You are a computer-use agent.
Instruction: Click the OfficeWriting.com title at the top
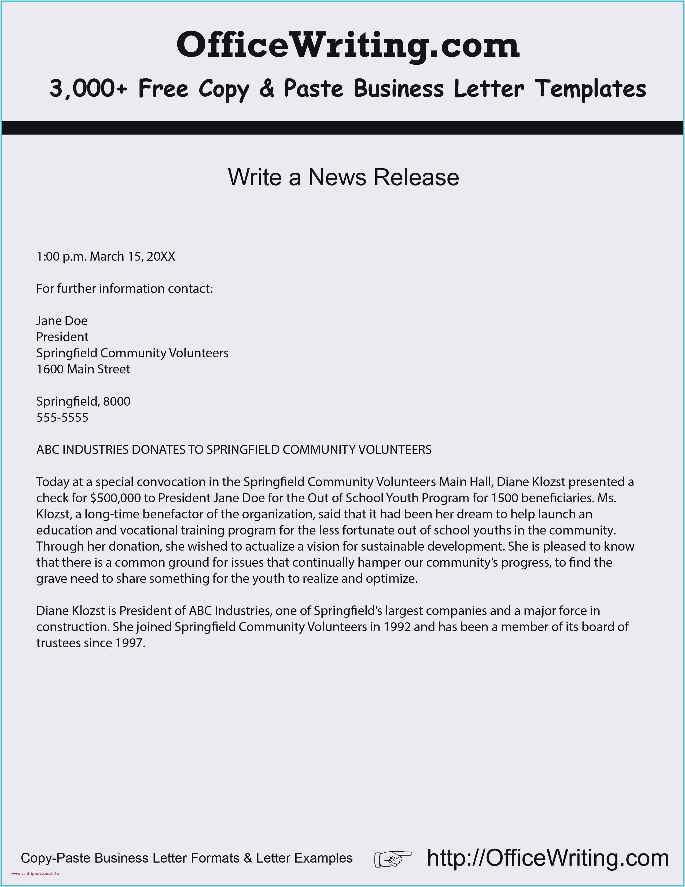pos(348,45)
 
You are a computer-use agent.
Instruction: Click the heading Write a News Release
pos(343,177)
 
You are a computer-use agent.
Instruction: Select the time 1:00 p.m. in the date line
pos(61,257)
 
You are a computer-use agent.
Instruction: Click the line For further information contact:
pos(125,289)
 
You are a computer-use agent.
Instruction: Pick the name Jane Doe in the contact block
pos(62,321)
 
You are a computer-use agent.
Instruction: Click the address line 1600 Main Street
pos(83,369)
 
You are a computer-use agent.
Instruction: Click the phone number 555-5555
pos(62,417)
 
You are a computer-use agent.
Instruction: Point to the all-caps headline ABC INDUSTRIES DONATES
pos(234,450)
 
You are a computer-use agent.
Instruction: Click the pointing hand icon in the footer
pos(392,858)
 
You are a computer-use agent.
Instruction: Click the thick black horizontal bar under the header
pos(343,128)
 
